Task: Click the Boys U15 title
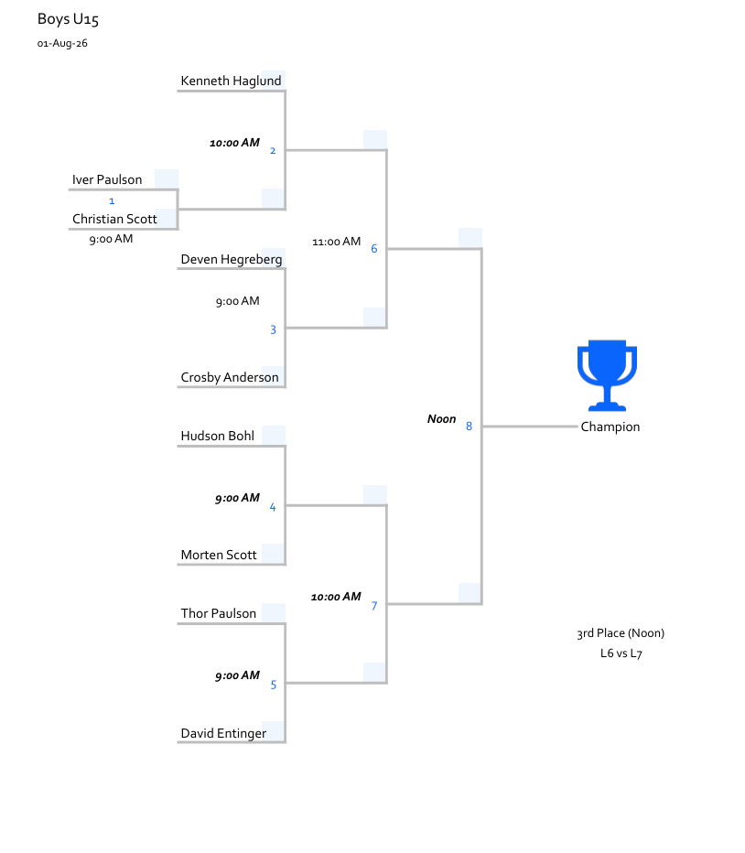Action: (x=68, y=19)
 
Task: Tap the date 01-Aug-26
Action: (x=62, y=44)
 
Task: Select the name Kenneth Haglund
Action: (x=231, y=81)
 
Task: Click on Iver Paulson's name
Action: (x=107, y=180)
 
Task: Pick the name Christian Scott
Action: (x=114, y=220)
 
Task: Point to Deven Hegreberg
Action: (x=232, y=260)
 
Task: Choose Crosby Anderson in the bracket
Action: (x=230, y=378)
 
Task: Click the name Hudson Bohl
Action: (x=217, y=437)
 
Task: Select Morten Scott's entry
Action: (x=218, y=555)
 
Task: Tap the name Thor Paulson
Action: (x=218, y=613)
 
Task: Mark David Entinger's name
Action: (x=223, y=733)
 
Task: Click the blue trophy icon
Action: (x=607, y=375)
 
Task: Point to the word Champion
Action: (x=610, y=427)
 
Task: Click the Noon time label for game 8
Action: (x=441, y=419)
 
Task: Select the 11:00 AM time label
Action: (x=336, y=242)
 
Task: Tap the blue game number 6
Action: (x=373, y=249)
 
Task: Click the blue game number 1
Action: (x=112, y=201)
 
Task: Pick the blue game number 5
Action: (x=273, y=685)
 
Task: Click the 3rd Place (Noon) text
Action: (x=621, y=633)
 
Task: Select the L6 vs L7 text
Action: (x=621, y=653)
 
